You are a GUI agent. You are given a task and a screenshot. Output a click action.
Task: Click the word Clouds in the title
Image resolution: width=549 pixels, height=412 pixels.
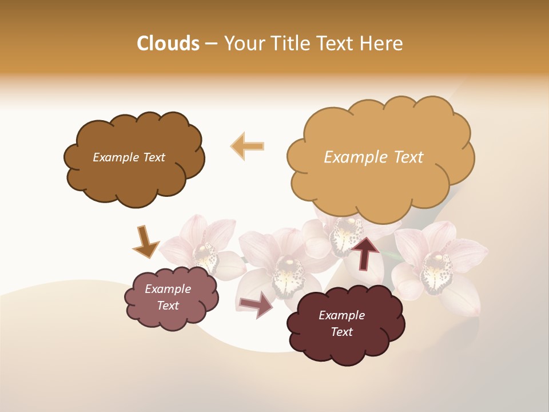pyautogui.click(x=168, y=43)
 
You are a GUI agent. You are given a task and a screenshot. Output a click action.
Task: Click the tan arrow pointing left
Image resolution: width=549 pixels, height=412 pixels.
pyautogui.click(x=248, y=146)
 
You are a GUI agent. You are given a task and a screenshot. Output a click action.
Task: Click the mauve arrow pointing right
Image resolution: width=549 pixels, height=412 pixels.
pyautogui.click(x=256, y=306)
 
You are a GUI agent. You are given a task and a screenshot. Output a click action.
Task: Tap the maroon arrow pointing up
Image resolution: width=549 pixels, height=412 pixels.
pyautogui.click(x=364, y=253)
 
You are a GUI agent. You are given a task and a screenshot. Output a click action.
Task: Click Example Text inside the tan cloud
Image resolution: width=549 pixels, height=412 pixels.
pyautogui.click(x=373, y=157)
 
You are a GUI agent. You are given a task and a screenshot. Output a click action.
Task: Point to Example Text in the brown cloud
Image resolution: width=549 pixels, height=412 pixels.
pyautogui.click(x=129, y=157)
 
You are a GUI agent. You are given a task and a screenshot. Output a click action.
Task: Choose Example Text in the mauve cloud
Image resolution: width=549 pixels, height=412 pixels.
pyautogui.click(x=168, y=297)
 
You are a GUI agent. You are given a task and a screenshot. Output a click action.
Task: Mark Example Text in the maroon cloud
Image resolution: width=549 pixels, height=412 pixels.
pyautogui.click(x=341, y=323)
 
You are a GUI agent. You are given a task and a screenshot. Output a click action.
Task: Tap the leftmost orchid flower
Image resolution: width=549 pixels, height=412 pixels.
pyautogui.click(x=203, y=246)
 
